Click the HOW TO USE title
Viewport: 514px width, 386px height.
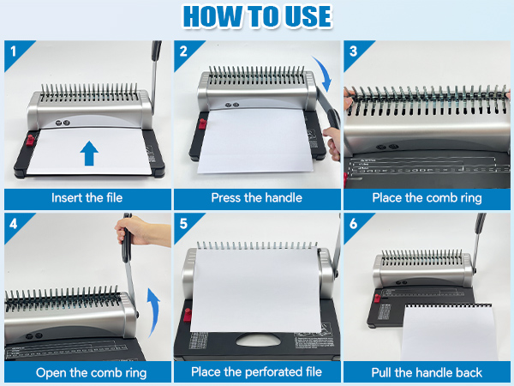click(x=257, y=16)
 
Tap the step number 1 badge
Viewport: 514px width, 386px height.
click(x=13, y=50)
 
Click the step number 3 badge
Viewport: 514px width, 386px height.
click(x=351, y=50)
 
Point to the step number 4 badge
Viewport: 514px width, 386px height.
click(x=13, y=223)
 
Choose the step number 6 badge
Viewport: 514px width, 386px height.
click(x=351, y=223)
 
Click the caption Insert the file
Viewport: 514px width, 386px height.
click(x=86, y=197)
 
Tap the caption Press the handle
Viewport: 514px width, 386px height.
click(x=256, y=197)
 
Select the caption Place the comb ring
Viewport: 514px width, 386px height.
click(x=426, y=197)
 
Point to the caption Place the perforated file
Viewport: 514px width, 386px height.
click(x=256, y=372)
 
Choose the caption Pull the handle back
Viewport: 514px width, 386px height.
click(x=426, y=372)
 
